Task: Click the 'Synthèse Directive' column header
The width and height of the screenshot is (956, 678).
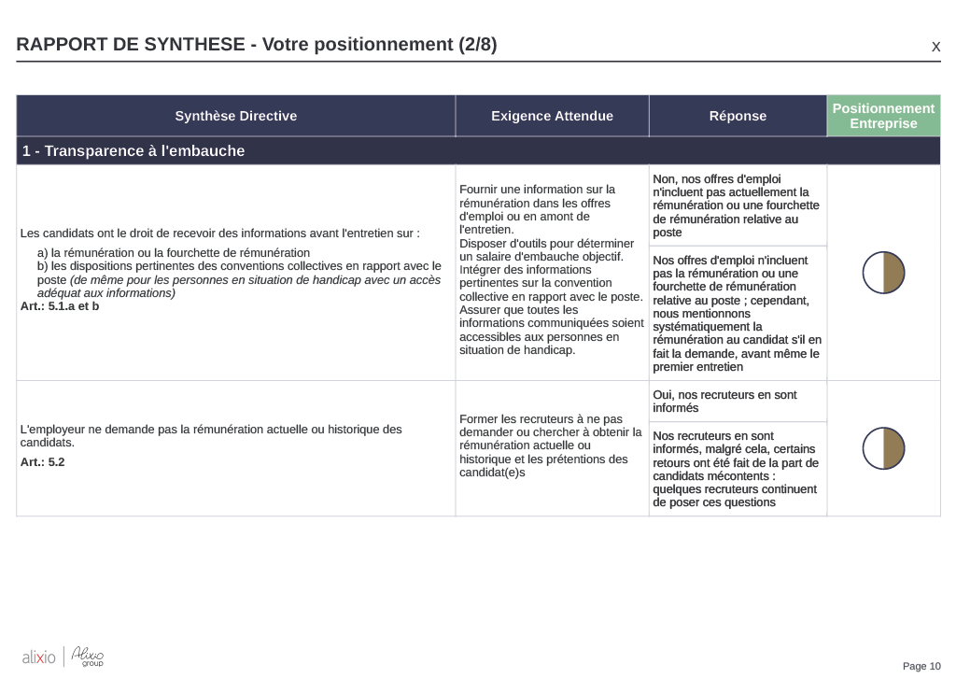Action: [235, 116]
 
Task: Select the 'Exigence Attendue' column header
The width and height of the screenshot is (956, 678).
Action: [552, 116]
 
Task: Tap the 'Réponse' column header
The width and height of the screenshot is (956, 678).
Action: [738, 116]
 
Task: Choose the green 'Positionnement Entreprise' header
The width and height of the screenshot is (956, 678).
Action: [883, 116]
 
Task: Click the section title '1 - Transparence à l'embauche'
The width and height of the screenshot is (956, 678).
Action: [134, 150]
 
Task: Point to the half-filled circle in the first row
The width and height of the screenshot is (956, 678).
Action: [883, 273]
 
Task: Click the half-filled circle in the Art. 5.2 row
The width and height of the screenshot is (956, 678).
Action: [883, 448]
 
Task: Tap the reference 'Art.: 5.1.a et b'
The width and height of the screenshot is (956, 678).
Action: [60, 306]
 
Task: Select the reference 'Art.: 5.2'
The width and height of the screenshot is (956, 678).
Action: [43, 461]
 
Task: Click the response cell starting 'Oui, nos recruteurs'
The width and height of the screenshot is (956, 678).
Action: [738, 402]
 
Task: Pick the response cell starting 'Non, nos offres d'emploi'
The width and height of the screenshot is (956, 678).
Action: [738, 205]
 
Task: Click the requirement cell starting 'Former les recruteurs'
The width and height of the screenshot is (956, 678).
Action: [552, 445]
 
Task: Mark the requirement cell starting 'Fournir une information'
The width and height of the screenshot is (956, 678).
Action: [552, 270]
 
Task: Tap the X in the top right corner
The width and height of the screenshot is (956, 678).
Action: [935, 47]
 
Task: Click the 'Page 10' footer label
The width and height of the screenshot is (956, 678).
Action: [921, 666]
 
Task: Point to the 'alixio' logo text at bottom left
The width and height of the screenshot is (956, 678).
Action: [38, 658]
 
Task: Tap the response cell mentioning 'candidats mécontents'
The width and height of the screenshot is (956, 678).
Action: [738, 469]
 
